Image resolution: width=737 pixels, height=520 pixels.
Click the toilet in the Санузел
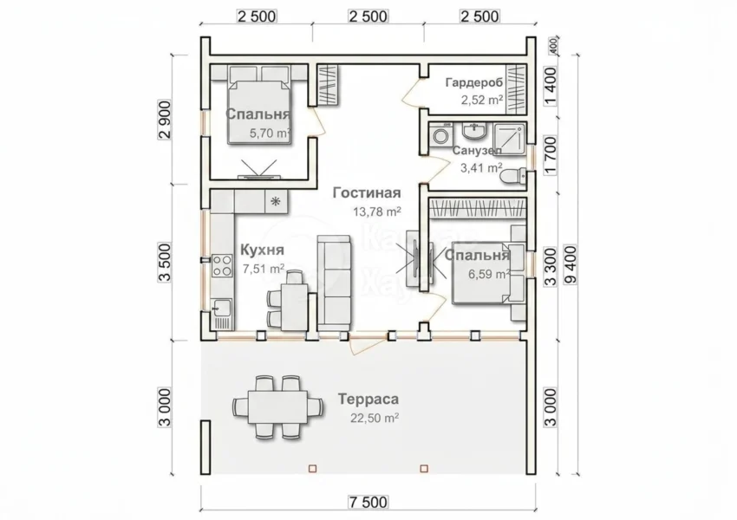pyautogui.click(x=512, y=176)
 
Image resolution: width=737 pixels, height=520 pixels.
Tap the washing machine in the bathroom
pyautogui.click(x=440, y=136)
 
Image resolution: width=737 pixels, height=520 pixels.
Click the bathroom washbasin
pyautogui.click(x=475, y=131)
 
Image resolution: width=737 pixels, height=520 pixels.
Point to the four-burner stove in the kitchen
pyautogui.click(x=222, y=265)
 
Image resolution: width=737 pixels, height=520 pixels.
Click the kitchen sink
pyautogui.click(x=221, y=308)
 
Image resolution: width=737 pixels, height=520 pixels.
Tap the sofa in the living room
pyautogui.click(x=335, y=283)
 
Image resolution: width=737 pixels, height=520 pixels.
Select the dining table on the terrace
pyautogui.click(x=277, y=406)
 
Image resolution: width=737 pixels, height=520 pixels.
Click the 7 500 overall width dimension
pyautogui.click(x=368, y=502)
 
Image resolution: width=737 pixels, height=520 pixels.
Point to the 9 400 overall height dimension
pyautogui.click(x=571, y=265)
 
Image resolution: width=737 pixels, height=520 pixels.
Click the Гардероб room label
pyautogui.click(x=473, y=82)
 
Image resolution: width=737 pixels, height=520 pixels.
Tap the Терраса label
pyautogui.click(x=368, y=400)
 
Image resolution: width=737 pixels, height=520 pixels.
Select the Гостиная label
pyautogui.click(x=367, y=193)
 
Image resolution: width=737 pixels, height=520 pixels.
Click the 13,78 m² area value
pyautogui.click(x=377, y=211)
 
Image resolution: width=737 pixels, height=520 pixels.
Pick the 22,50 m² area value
pyautogui.click(x=375, y=418)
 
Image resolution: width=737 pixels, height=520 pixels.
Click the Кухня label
pyautogui.click(x=262, y=250)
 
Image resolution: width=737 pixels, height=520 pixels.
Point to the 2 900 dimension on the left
pyautogui.click(x=165, y=120)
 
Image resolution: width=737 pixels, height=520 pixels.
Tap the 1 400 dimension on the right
pyautogui.click(x=550, y=85)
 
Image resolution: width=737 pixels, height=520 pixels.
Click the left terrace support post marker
pyautogui.click(x=313, y=468)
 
